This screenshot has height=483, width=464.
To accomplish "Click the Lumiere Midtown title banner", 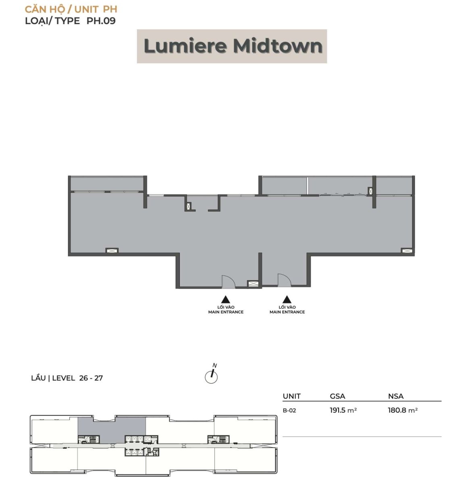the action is click(x=232, y=46).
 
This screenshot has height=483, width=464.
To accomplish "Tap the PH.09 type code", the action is click(x=101, y=21).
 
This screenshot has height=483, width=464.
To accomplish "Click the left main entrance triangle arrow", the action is click(x=225, y=299).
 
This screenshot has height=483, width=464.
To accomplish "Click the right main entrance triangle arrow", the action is click(x=287, y=299).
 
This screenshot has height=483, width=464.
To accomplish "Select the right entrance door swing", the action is click(x=284, y=280).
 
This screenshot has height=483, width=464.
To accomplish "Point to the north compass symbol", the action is click(x=211, y=375).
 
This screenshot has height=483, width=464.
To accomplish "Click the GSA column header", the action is click(x=337, y=396).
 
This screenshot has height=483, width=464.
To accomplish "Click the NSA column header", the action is click(x=395, y=396).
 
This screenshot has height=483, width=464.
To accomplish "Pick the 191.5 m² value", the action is click(x=343, y=410).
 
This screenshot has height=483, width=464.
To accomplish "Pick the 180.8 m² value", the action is click(x=403, y=410).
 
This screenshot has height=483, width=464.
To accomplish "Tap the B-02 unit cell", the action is click(x=289, y=410).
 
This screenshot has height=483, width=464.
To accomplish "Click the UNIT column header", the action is click(x=292, y=396).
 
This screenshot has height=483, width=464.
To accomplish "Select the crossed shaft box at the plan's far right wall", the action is click(x=407, y=251).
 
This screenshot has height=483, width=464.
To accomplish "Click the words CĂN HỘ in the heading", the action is click(x=45, y=9).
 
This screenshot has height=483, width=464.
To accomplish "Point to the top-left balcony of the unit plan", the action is click(x=107, y=184).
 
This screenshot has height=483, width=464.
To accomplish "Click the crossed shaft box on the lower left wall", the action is click(x=112, y=251).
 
